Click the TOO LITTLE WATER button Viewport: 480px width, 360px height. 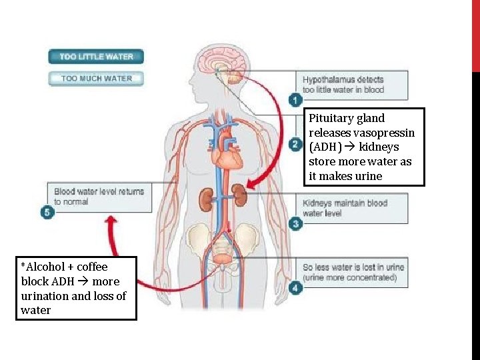click(96, 57)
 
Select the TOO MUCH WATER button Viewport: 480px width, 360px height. click(96, 79)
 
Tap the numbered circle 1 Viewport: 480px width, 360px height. click(295, 100)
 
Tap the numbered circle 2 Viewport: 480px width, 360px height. click(295, 144)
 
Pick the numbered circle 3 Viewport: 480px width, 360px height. click(295, 224)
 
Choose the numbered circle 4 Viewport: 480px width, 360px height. click(295, 288)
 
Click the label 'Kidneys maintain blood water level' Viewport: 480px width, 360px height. click(345, 208)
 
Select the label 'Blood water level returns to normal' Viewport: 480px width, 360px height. click(99, 196)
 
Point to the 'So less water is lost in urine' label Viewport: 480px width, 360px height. click(353, 272)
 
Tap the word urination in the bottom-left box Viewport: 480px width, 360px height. click(45, 296)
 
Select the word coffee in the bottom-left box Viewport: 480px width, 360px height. click(91, 267)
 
